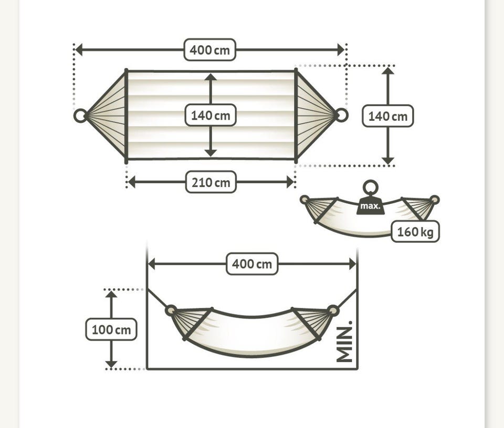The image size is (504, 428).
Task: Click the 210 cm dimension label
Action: tap(211, 182)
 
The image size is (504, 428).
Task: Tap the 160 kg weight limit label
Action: tap(415, 232)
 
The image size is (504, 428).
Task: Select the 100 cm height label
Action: tap(111, 330)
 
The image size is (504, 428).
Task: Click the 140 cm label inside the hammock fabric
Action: tap(211, 115)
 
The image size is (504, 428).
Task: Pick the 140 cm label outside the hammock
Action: tap(388, 116)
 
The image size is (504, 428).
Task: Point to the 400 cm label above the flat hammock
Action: tap(210, 50)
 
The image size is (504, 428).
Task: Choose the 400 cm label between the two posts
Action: tap(252, 264)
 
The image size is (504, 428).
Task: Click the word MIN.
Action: tap(344, 341)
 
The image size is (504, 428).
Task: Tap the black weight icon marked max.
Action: tap(370, 205)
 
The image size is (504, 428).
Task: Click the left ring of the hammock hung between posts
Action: tap(171, 310)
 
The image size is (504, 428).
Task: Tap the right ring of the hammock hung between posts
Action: tap(333, 311)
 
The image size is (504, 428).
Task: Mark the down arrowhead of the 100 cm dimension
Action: tap(111, 364)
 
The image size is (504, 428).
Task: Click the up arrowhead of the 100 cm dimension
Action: tap(111, 294)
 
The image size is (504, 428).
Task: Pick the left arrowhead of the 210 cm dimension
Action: tap(131, 182)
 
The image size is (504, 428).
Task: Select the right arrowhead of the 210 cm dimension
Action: tap(290, 182)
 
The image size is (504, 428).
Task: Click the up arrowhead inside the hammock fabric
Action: tap(211, 77)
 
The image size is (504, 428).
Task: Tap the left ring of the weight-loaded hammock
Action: tap(304, 200)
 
